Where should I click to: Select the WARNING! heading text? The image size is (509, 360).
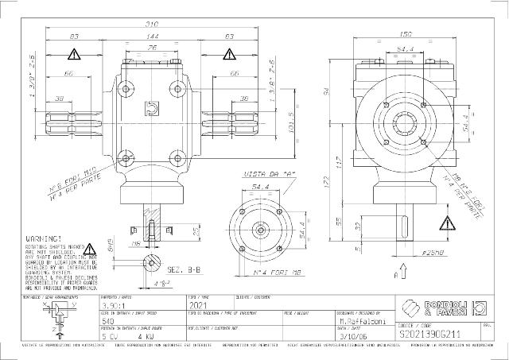45,238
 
